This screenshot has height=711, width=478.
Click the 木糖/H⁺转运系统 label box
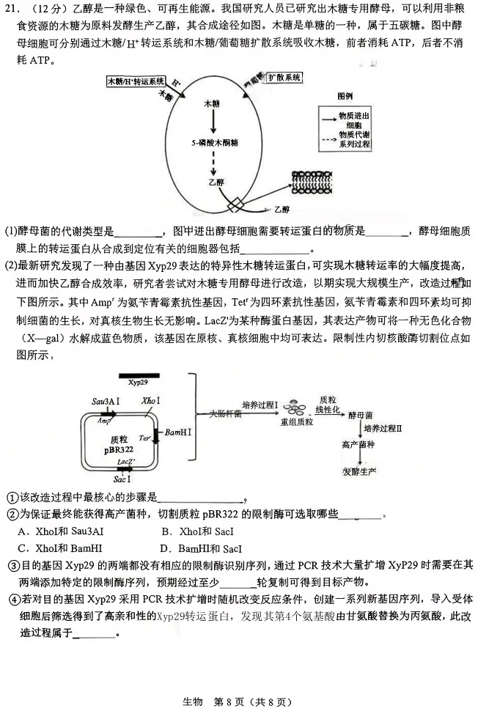pos(136,81)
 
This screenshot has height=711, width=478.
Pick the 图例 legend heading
pos(345,96)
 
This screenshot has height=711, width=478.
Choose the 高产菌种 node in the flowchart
pos(359,446)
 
